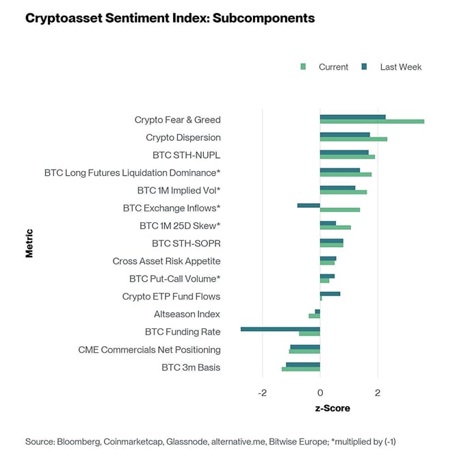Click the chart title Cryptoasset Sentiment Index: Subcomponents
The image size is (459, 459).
click(x=170, y=18)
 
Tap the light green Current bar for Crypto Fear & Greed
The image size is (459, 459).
click(x=371, y=122)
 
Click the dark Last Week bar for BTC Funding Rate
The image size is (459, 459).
click(x=280, y=329)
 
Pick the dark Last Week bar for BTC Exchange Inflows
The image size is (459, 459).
click(x=309, y=205)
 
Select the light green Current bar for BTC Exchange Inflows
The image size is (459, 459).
click(x=340, y=210)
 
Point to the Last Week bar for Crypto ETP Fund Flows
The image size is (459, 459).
click(x=330, y=293)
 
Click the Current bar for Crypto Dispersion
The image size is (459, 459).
click(x=353, y=140)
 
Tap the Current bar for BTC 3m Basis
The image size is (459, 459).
click(x=301, y=369)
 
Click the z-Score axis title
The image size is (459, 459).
click(x=332, y=408)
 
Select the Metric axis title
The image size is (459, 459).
click(x=29, y=243)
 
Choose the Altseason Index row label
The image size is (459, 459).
click(x=187, y=314)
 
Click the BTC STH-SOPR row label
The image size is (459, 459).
click(x=186, y=243)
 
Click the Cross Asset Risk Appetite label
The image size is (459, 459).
click(x=166, y=261)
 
